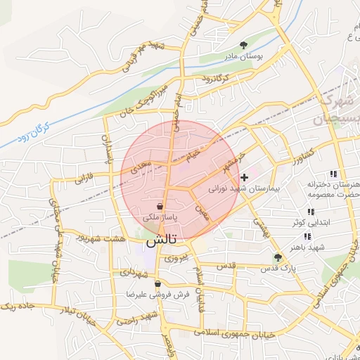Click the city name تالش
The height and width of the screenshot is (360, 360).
[161, 240]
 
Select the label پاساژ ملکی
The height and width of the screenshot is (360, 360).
[161, 219]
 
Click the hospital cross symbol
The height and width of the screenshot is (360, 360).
[245, 177]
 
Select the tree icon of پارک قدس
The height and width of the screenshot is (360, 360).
[278, 257]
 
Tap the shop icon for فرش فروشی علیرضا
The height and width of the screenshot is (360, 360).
[157, 284]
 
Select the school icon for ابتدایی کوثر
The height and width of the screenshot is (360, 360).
[310, 212]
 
